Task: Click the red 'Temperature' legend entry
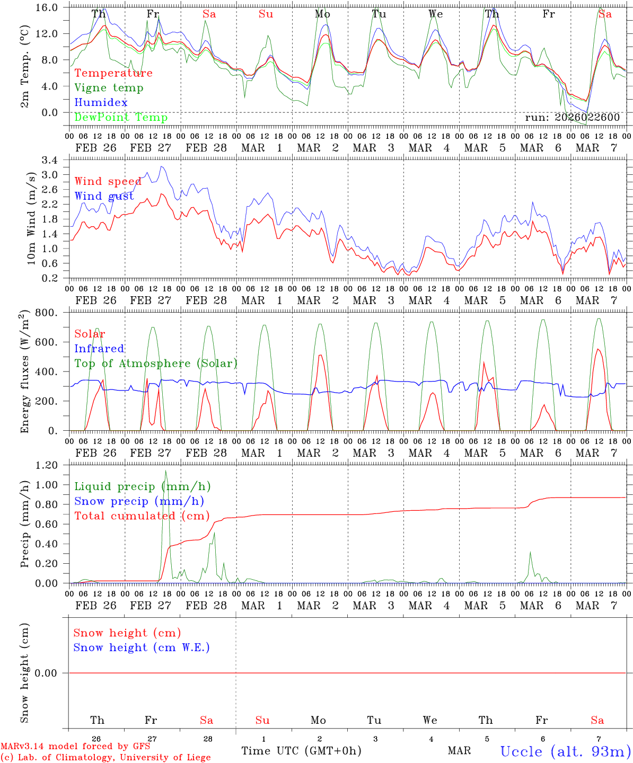pyautogui.click(x=113, y=73)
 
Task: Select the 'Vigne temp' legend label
pyautogui.click(x=109, y=88)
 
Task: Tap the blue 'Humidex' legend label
pyautogui.click(x=101, y=102)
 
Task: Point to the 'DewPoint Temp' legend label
pyautogui.click(x=121, y=117)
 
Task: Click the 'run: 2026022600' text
pyautogui.click(x=572, y=117)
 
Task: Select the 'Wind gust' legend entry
pyautogui.click(x=104, y=196)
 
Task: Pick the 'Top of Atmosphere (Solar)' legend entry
pyautogui.click(x=156, y=363)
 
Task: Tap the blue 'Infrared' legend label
pyautogui.click(x=99, y=349)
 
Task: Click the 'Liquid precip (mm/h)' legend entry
pyautogui.click(x=143, y=486)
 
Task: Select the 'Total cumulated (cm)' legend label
pyautogui.click(x=142, y=516)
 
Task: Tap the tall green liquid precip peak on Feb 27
pyautogui.click(x=166, y=471)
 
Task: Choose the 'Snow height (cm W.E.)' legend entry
pyautogui.click(x=142, y=647)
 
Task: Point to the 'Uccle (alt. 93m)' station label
pyautogui.click(x=565, y=751)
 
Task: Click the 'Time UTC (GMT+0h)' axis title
pyautogui.click(x=301, y=751)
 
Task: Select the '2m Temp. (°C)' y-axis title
pyautogui.click(x=25, y=67)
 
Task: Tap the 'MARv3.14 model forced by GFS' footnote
pyautogui.click(x=75, y=746)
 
